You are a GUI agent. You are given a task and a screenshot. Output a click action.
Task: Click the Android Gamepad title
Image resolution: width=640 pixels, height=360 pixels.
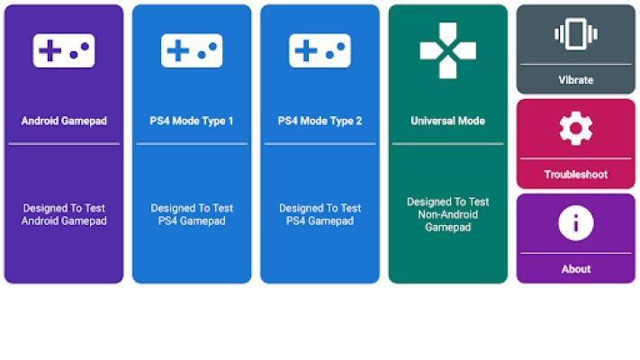point(64,121)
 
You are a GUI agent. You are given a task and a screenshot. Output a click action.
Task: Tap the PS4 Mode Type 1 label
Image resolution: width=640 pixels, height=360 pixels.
point(192,121)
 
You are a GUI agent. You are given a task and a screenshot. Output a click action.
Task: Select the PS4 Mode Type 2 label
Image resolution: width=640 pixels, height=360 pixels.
point(320,121)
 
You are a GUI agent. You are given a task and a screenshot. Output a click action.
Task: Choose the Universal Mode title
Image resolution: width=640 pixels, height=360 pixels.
point(447,121)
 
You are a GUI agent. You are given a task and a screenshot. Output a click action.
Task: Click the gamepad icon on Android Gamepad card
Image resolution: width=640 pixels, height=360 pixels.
point(64,51)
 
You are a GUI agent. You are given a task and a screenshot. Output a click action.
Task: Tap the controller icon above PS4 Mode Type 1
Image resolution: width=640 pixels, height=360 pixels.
point(192,51)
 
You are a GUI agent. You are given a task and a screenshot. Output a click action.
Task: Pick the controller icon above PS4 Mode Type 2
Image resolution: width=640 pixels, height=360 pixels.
point(320,51)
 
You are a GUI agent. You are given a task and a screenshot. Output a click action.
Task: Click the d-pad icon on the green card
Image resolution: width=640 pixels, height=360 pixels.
point(447,49)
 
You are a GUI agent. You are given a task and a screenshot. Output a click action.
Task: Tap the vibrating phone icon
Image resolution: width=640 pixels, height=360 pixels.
point(576,35)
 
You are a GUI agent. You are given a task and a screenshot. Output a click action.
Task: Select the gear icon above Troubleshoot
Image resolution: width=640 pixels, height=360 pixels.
point(576,129)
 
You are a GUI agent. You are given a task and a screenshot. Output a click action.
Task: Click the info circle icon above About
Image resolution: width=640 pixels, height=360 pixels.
point(576,222)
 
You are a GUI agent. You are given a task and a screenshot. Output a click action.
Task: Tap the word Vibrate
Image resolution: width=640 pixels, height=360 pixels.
point(576,80)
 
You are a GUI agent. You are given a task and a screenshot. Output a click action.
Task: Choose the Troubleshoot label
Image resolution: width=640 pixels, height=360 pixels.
point(576,175)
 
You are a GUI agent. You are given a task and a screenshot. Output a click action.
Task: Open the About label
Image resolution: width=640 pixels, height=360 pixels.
point(576,269)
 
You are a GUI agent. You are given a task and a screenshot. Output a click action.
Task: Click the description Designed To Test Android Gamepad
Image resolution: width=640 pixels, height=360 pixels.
point(64,214)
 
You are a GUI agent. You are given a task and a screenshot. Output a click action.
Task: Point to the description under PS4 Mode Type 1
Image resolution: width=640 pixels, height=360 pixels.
point(192,214)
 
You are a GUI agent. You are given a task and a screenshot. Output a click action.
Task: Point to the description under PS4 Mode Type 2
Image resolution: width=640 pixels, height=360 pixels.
point(320,214)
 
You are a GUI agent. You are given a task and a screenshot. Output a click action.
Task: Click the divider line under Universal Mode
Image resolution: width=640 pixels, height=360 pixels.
point(447,144)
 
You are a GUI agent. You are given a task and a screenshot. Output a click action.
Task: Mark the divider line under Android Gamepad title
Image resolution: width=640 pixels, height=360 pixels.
point(64,144)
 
